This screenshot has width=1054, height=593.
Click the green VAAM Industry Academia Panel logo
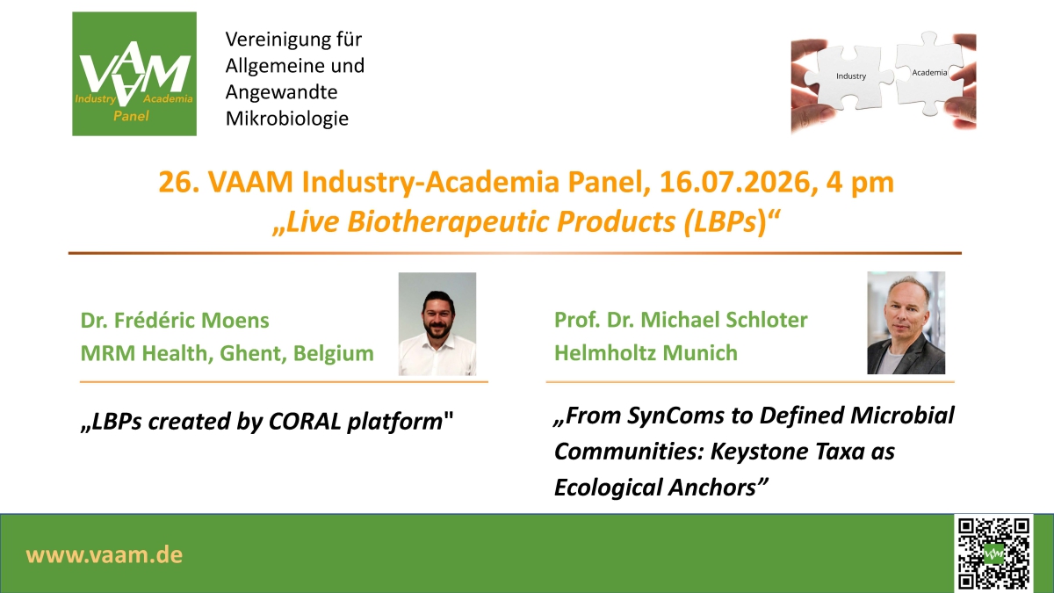134,74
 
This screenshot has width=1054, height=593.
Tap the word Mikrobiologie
287,119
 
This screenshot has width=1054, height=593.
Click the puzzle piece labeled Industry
849,77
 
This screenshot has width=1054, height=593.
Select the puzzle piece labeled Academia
928,73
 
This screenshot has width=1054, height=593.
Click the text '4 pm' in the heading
860,183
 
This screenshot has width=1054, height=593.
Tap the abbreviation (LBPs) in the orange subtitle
726,221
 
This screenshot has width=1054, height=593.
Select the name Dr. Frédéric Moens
175,321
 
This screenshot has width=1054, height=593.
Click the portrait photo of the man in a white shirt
437,324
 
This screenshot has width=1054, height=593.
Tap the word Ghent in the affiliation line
253,353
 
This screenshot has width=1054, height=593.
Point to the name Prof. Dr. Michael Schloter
681,320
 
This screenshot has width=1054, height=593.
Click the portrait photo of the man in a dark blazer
906,323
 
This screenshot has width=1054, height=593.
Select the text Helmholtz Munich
646,353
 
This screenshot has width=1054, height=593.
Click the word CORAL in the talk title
305,421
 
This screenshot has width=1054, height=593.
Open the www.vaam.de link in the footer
104,555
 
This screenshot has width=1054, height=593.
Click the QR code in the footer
993,553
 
